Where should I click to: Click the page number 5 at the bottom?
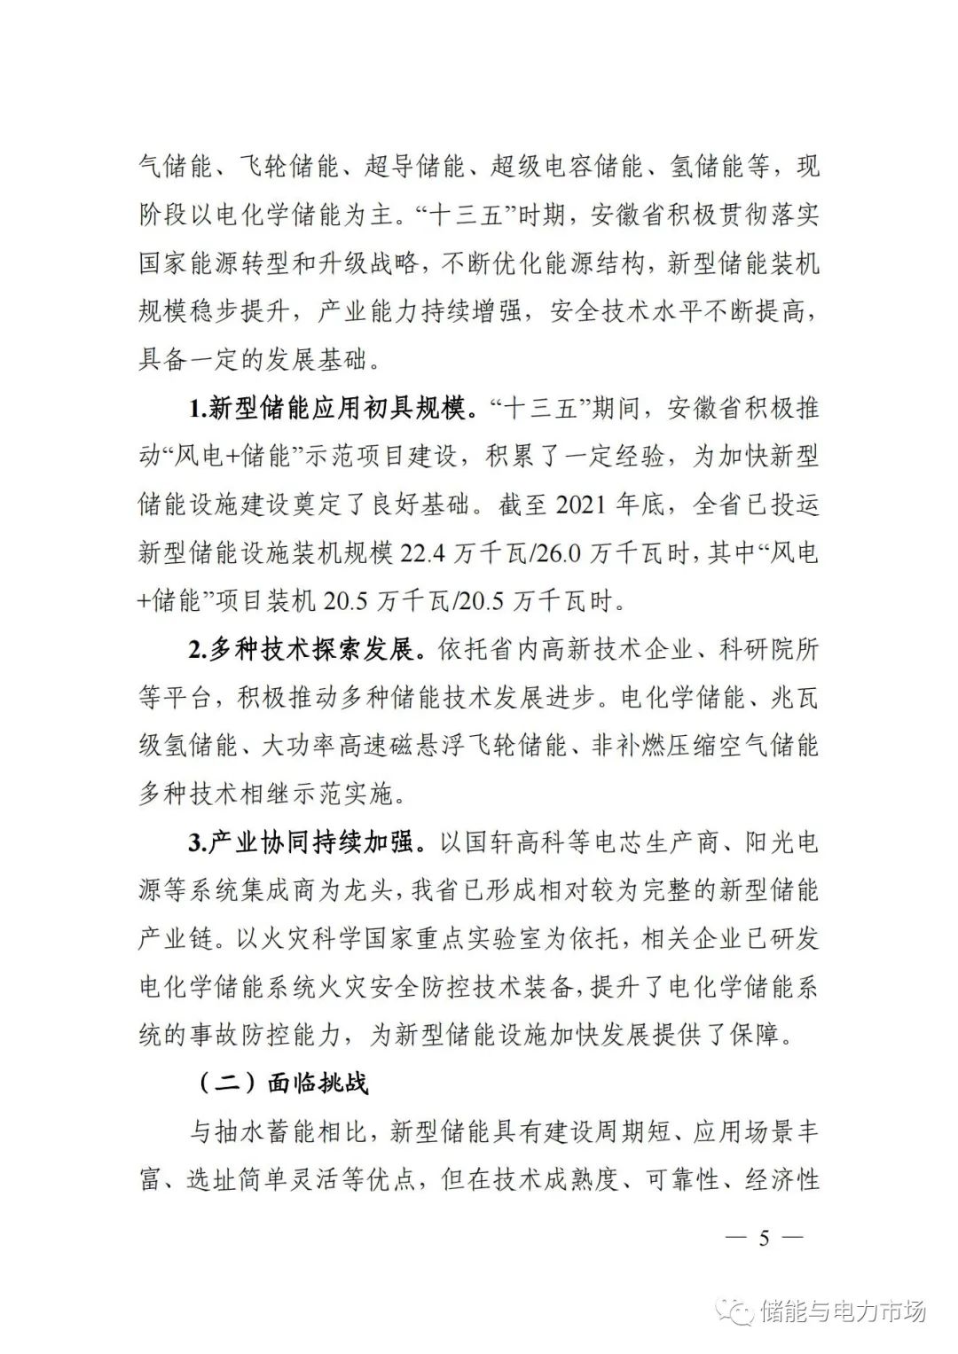pos(763,1239)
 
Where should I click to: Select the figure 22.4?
pos(425,553)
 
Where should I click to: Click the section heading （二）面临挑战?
pos(282,1083)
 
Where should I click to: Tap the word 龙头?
pos(356,890)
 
